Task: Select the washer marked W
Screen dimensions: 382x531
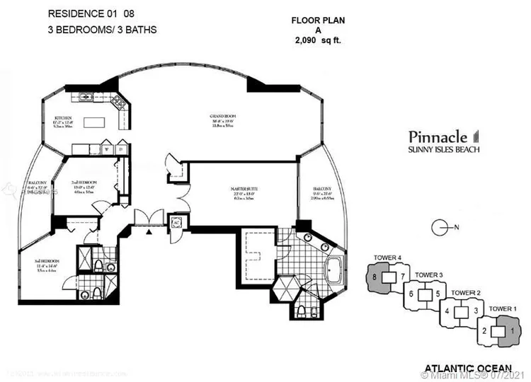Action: tap(108, 149)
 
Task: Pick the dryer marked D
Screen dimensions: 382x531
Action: tap(120, 149)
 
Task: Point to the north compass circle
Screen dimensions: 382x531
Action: tap(440, 227)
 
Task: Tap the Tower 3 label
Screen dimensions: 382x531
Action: tap(428, 274)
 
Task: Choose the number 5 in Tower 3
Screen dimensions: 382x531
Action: tap(438, 294)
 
